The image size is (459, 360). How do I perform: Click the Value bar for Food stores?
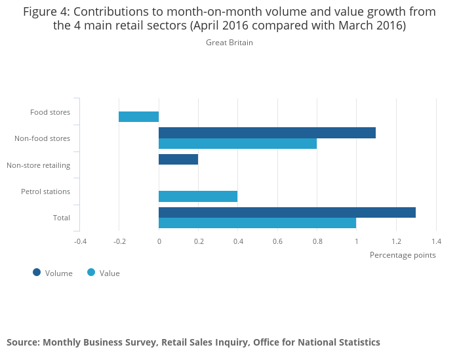pos(138,117)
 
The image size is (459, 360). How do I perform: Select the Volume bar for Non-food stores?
pos(267,132)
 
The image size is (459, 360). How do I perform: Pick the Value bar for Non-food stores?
pos(237,144)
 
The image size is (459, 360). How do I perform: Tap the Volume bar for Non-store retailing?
pos(178,159)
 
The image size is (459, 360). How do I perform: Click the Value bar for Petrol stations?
pos(198,196)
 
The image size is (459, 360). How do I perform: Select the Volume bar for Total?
pos(287,212)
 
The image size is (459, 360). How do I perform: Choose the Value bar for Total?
pos(257,223)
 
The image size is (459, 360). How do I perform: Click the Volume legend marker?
pos(37,272)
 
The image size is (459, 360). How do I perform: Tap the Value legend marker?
pos(91,272)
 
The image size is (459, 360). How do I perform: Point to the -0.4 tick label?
pos(80,241)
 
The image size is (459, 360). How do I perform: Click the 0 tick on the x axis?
pos(159,241)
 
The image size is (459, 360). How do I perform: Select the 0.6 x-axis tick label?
pos(277,241)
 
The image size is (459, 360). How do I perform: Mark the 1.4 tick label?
pos(435,241)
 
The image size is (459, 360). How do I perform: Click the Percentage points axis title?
pos(403,255)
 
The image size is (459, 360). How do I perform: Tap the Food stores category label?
pos(50,112)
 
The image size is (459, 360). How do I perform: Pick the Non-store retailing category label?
pos(38,165)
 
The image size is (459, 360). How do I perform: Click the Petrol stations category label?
pos(45,191)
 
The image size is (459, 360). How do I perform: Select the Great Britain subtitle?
pos(229,43)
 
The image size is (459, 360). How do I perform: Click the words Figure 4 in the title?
pos(46,12)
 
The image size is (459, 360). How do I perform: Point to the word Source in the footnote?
pos(22,342)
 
